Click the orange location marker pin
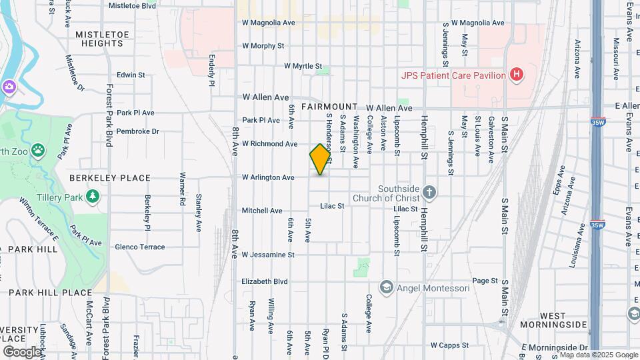(320, 159)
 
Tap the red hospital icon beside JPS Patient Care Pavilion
(515, 75)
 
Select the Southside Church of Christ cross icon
(429, 193)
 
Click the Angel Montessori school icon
(386, 288)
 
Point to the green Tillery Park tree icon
(93, 196)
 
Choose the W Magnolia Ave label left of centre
(269, 23)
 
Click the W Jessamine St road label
(268, 255)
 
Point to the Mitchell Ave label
(262, 211)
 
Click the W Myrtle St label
(303, 67)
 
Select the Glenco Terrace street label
(139, 247)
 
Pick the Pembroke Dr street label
(137, 131)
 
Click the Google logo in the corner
(22, 351)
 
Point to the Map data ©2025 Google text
(599, 355)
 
